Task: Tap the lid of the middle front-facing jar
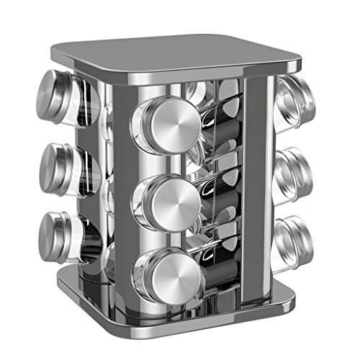171,197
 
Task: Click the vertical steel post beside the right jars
256,180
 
